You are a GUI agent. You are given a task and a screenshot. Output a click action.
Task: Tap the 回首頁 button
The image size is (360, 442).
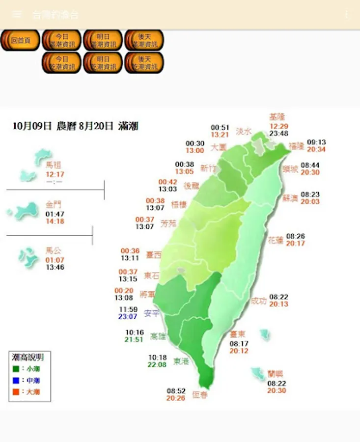click(x=20, y=40)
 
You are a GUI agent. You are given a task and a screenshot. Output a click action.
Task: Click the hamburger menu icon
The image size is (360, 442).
click(x=17, y=14)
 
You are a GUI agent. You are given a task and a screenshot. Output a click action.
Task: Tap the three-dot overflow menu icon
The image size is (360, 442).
click(x=346, y=14)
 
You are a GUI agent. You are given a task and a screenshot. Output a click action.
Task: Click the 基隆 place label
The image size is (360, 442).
click(x=277, y=117)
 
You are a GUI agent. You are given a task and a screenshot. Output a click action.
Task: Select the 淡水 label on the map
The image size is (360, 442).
click(x=244, y=131)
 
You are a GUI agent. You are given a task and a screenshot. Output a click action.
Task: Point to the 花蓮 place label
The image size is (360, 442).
click(x=276, y=241)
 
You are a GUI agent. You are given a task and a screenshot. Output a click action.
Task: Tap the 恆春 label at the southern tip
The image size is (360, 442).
click(x=200, y=394)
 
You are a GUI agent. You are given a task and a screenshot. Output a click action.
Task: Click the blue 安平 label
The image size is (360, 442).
click(x=151, y=313)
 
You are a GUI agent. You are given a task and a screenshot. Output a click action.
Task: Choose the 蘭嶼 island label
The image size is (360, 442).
click(x=276, y=373)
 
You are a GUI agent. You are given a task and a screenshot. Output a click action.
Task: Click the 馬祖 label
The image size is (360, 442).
click(x=53, y=166)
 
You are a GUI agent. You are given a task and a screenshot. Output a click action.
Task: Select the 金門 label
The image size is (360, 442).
click(x=54, y=204)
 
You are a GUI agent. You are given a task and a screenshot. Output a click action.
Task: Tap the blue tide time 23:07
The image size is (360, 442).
click(x=128, y=317)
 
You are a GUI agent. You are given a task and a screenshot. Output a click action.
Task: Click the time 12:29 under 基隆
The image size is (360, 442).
click(x=278, y=126)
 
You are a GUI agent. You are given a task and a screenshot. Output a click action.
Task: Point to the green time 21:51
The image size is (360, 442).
click(x=134, y=339)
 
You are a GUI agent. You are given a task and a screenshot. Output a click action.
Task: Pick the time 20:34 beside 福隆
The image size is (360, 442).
click(x=316, y=149)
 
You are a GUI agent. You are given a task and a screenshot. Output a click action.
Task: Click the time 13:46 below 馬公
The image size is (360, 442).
click(x=55, y=267)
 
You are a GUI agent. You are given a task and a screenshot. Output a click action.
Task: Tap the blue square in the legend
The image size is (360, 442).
click(x=16, y=380)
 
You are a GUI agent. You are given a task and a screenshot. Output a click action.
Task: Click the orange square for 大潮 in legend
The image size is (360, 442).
click(x=16, y=391)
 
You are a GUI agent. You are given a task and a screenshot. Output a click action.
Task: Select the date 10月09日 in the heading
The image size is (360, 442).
click(x=32, y=126)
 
